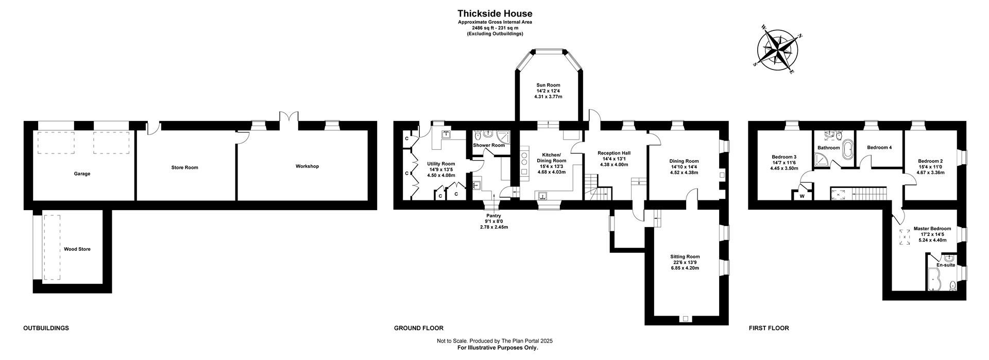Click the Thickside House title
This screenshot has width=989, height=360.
pos(494,14)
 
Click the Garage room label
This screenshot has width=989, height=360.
pos(82,174)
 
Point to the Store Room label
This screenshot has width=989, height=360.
pos(184,167)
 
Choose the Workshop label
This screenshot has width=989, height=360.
pos(307,166)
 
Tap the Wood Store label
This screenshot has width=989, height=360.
pos(77,249)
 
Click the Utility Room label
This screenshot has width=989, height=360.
pos(441,164)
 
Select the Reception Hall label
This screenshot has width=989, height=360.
pos(614,153)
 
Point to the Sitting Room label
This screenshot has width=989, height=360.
pos(685,256)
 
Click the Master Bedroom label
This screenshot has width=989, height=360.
pos(932,229)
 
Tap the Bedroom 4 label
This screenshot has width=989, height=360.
pos(879,148)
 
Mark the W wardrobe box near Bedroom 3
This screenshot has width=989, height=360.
pos(802,196)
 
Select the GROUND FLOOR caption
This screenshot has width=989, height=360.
pos(419,328)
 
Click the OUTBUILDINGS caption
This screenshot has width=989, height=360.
pos(46,328)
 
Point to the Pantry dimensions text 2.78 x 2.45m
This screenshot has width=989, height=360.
pos(493,227)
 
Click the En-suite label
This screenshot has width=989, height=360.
pos(946,265)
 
